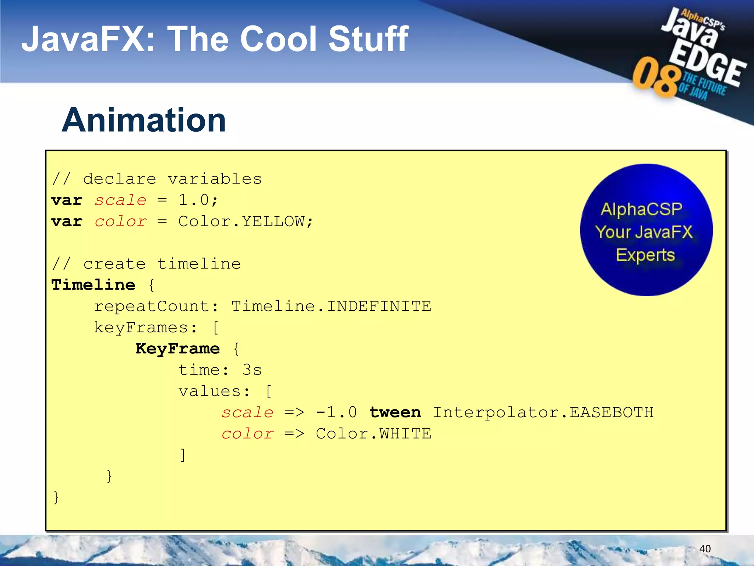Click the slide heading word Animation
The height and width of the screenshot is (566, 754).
(144, 120)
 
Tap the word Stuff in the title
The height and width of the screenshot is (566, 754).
(368, 39)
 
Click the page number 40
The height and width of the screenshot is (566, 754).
(705, 549)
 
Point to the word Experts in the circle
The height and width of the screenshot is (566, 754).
(645, 255)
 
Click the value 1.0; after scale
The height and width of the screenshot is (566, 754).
(198, 200)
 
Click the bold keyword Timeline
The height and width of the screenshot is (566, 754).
(93, 285)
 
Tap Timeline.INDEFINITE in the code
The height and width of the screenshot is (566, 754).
(331, 306)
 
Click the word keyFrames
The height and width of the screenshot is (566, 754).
(141, 328)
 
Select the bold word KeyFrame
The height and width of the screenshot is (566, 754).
(177, 349)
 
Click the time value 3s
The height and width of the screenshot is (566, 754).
(252, 370)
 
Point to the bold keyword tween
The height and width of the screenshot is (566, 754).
(395, 412)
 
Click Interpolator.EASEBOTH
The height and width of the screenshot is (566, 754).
(543, 412)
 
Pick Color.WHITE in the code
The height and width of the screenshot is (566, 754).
(373, 434)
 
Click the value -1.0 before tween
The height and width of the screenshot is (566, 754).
(337, 412)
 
